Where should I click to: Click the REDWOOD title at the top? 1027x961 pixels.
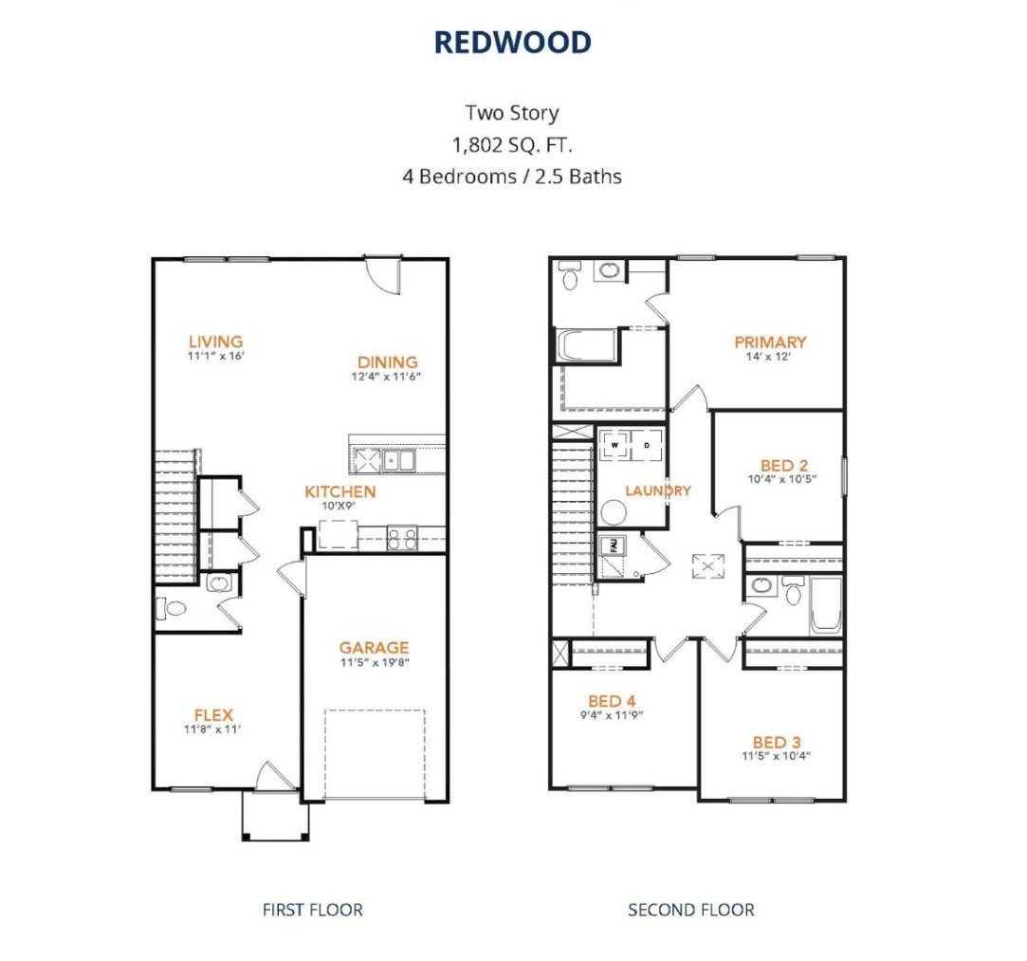pyautogui.click(x=512, y=42)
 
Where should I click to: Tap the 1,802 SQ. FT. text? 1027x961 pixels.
pyautogui.click(x=512, y=145)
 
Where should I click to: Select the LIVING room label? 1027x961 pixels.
pyautogui.click(x=215, y=342)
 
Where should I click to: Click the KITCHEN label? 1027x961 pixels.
pyautogui.click(x=339, y=491)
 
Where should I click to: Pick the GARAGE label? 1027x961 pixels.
pyautogui.click(x=374, y=648)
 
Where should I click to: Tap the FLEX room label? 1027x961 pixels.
pyautogui.click(x=213, y=714)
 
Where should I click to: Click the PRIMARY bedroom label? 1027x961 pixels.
pyautogui.click(x=770, y=342)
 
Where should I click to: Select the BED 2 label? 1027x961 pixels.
pyautogui.click(x=784, y=465)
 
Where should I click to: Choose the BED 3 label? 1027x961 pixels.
pyautogui.click(x=777, y=742)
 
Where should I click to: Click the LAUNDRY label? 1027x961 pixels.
pyautogui.click(x=657, y=490)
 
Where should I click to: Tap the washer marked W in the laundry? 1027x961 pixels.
pyautogui.click(x=614, y=444)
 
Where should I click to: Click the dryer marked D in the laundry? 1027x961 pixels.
pyautogui.click(x=648, y=444)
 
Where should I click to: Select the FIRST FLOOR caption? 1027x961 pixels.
pyautogui.click(x=312, y=910)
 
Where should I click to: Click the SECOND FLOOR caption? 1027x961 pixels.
pyautogui.click(x=690, y=910)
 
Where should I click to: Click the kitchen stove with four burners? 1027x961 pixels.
pyautogui.click(x=401, y=538)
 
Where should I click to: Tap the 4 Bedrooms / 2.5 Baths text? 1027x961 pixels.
pyautogui.click(x=512, y=176)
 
